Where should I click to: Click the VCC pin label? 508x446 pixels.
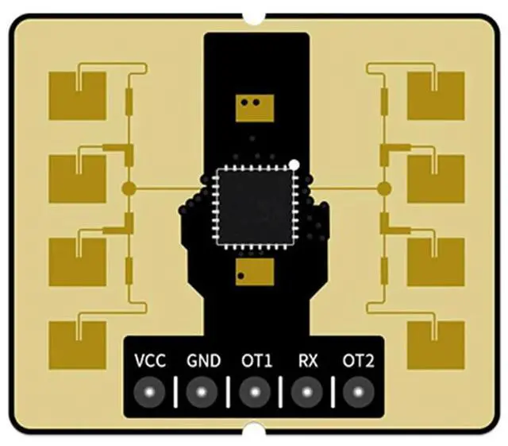(150, 361)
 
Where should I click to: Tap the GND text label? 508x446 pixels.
(203, 361)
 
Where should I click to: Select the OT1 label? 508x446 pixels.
(256, 361)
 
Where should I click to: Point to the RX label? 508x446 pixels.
(308, 361)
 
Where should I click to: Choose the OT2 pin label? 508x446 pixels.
(358, 361)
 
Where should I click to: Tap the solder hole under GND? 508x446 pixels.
(202, 391)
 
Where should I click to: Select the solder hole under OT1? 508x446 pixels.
(254, 391)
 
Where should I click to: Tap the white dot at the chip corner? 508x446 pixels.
(294, 165)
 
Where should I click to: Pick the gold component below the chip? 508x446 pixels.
(253, 273)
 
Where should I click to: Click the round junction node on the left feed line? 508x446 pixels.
(127, 188)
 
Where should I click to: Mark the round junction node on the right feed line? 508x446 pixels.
(385, 188)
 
